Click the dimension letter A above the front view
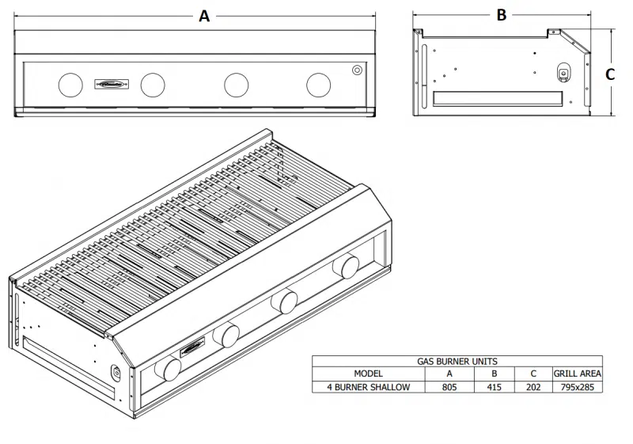coord(204,16)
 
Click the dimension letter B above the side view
coord(501,15)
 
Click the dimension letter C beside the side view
coord(610,74)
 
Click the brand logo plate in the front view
coord(112,82)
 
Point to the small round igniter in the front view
coord(357,70)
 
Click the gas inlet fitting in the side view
coord(563,72)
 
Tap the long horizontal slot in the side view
coord(498,98)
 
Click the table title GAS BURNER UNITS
coord(457,361)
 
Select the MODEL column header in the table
coord(369,373)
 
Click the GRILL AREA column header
coord(577,373)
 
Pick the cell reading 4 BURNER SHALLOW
coord(370,387)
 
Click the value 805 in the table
coord(449,387)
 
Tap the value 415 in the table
coord(495,387)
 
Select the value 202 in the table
coord(533,387)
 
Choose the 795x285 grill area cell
coord(577,387)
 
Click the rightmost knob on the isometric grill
coord(345,267)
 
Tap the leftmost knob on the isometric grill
coord(168,368)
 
